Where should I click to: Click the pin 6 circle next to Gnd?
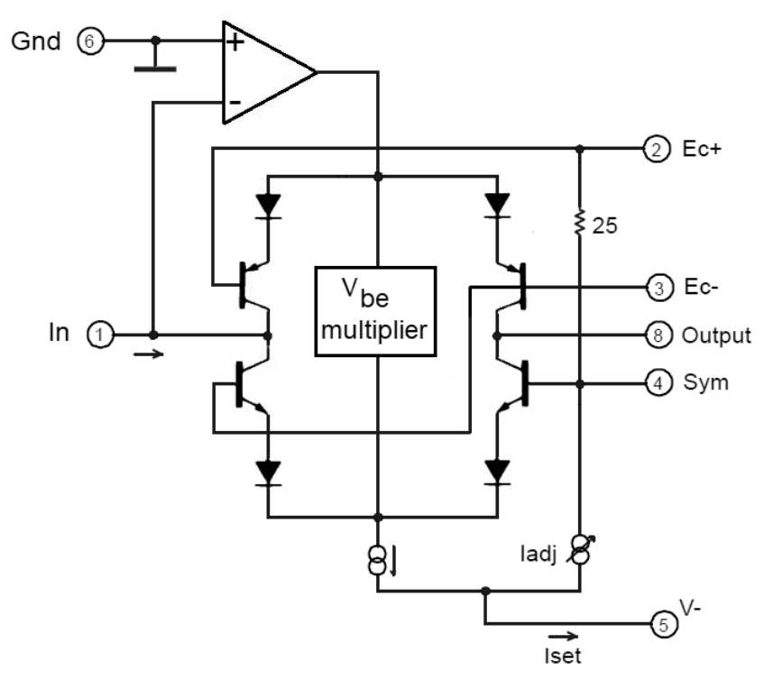(90, 41)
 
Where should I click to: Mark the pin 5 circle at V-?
(664, 624)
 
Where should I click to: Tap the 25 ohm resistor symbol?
(580, 222)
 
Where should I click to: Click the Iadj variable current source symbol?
(580, 551)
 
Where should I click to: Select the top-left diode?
(268, 204)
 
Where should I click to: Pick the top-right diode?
(495, 204)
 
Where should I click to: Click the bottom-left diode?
(268, 472)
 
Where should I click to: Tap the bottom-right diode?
(495, 472)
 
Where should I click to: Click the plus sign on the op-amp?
(235, 43)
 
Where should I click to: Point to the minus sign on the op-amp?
(234, 102)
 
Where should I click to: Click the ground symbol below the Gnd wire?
(155, 66)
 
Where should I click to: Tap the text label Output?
(716, 336)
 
